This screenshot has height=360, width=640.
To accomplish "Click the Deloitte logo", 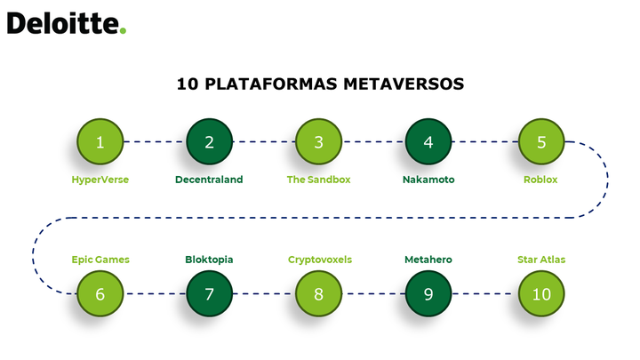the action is (x=67, y=23).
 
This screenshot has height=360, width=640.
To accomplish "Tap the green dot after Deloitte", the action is (x=123, y=30).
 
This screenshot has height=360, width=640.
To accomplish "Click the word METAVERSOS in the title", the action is (x=404, y=84).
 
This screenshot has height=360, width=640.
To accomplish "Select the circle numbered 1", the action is (x=100, y=141).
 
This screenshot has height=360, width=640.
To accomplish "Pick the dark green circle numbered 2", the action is (x=210, y=141).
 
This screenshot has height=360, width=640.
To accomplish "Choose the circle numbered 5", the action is (x=541, y=141).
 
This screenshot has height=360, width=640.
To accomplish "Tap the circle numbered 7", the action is (x=210, y=293).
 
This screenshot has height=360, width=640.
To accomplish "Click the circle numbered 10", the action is (x=541, y=293).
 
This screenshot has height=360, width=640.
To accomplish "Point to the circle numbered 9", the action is (x=428, y=293).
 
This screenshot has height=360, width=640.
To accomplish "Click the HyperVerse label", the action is (x=100, y=180).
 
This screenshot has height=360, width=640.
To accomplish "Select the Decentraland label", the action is (x=209, y=180).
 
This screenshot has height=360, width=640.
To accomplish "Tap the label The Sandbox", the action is (x=318, y=180).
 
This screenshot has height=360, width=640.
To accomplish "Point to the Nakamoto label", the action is (x=428, y=180).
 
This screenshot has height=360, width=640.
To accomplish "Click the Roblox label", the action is (x=540, y=180).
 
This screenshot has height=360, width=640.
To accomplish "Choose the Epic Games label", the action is (x=100, y=260).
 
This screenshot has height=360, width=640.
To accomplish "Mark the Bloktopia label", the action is (x=209, y=260).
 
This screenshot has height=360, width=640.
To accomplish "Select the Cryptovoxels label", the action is (x=320, y=260).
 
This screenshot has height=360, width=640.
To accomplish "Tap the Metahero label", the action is (x=428, y=260).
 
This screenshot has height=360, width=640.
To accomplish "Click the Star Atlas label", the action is (x=541, y=260).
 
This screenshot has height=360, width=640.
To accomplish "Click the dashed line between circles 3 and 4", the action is (x=373, y=141).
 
